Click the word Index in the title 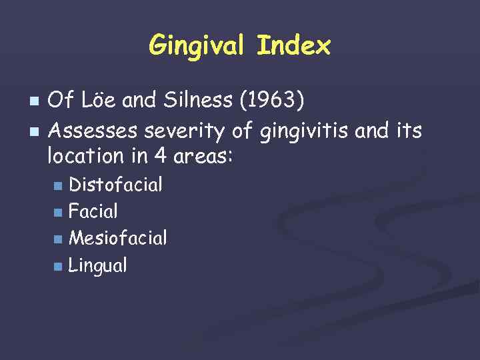pos(293,46)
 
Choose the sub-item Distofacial pos(116,184)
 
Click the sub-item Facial pos(93,211)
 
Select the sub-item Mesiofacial pos(118,238)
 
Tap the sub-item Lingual pos(98,265)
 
